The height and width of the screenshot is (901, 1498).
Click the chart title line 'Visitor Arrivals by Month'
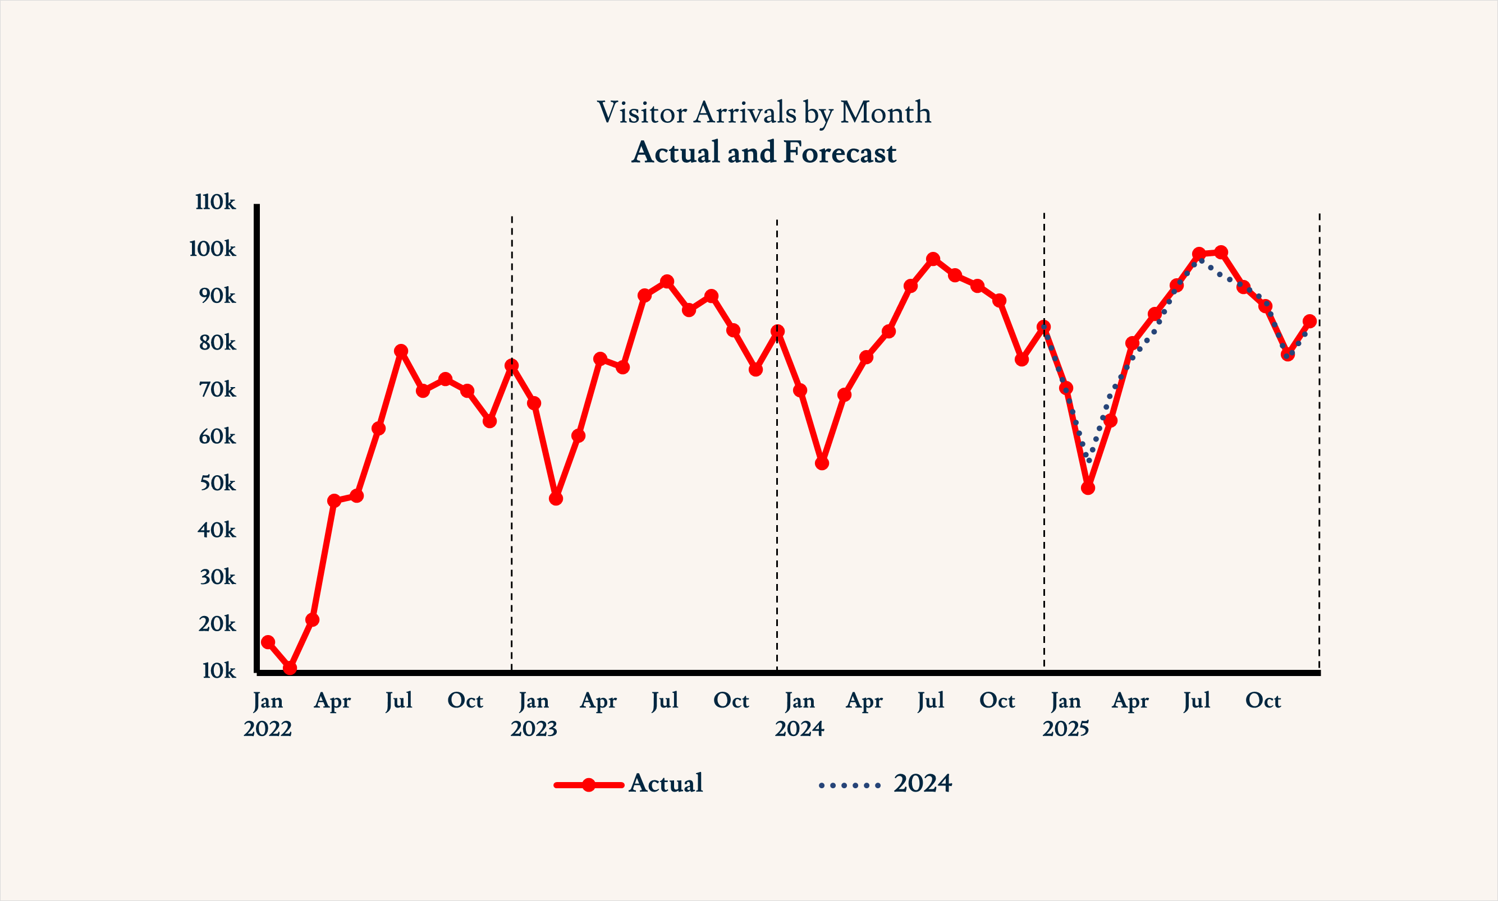click(x=763, y=113)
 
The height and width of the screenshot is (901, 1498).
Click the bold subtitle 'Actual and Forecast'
click(x=763, y=153)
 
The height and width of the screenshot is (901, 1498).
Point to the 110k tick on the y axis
click(x=215, y=202)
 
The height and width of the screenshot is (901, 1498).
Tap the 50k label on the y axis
click(x=217, y=483)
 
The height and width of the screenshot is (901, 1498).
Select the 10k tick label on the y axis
click(x=218, y=671)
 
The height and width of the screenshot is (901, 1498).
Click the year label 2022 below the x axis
click(x=267, y=729)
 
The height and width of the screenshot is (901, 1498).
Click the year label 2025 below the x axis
click(x=1066, y=729)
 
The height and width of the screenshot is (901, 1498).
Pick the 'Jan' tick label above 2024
click(x=799, y=701)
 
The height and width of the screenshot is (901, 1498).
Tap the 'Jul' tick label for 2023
click(x=665, y=701)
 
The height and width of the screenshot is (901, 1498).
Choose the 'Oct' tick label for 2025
click(x=1263, y=701)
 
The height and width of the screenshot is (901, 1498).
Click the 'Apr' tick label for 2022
click(x=332, y=702)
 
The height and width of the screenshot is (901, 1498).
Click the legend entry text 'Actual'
click(x=666, y=783)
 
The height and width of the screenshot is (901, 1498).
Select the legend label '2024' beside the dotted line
click(x=922, y=784)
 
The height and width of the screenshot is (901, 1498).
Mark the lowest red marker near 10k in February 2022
click(x=290, y=668)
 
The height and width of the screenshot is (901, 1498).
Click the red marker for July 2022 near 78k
click(x=401, y=351)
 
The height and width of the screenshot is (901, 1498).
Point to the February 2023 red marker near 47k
click(x=556, y=498)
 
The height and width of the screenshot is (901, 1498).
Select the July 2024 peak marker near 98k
click(x=933, y=259)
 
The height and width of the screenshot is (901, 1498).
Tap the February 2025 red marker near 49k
click(x=1088, y=488)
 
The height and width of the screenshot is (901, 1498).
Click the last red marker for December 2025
click(x=1310, y=321)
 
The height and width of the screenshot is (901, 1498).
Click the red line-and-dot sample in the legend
click(x=588, y=785)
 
